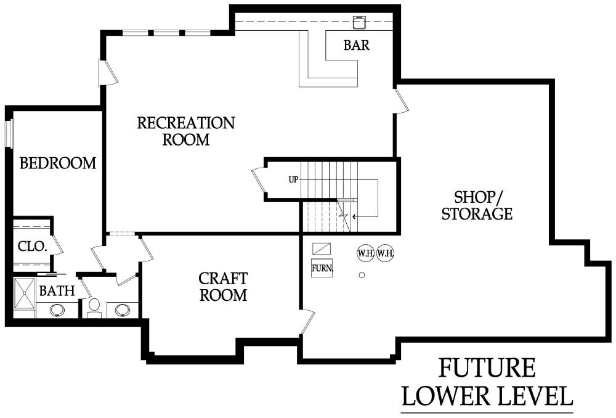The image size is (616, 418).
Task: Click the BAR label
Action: (x=356, y=45)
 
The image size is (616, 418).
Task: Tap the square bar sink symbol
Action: (x=359, y=22)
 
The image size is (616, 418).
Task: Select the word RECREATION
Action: (x=186, y=123)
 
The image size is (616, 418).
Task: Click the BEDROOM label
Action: (x=58, y=163)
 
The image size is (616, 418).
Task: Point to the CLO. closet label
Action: (x=32, y=247)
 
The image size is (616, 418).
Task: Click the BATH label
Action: (x=57, y=290)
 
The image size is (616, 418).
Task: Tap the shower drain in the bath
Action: (x=25, y=293)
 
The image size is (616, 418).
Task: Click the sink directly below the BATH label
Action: (x=58, y=310)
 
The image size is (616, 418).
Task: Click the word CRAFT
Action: (x=223, y=279)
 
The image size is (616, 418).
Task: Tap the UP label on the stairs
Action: (x=293, y=179)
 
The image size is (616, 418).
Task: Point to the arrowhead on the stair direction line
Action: (x=354, y=216)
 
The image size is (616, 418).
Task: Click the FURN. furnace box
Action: (x=322, y=268)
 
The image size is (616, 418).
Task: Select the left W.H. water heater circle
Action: (x=365, y=253)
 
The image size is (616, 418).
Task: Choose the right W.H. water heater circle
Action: (x=385, y=253)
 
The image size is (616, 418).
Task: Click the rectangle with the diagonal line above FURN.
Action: (x=322, y=248)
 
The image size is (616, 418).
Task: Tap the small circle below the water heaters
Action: (x=362, y=275)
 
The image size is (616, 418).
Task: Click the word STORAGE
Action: (x=477, y=214)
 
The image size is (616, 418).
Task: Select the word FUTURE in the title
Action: (x=487, y=368)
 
